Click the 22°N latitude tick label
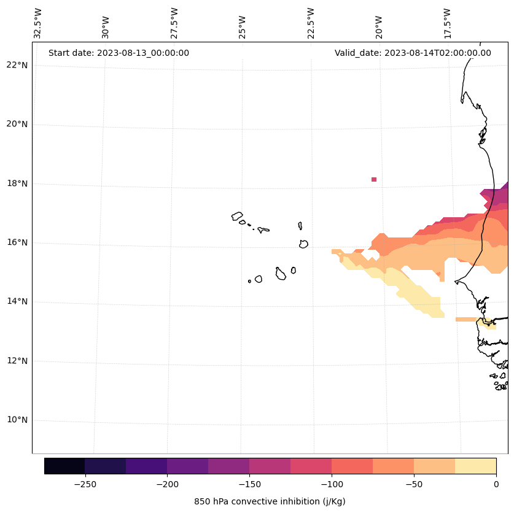[17, 65]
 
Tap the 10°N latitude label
[17, 420]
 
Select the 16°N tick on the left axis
[17, 242]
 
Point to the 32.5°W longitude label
[38, 23]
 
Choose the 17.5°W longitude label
[448, 23]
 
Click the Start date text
[119, 53]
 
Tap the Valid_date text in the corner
[413, 53]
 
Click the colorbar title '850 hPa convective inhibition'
[270, 501]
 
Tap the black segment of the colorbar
[64, 466]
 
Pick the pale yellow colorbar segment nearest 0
[475, 466]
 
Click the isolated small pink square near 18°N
[374, 179]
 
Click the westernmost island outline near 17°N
[237, 216]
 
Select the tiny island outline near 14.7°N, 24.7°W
[249, 281]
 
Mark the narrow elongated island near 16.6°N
[300, 226]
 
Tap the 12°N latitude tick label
[17, 361]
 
